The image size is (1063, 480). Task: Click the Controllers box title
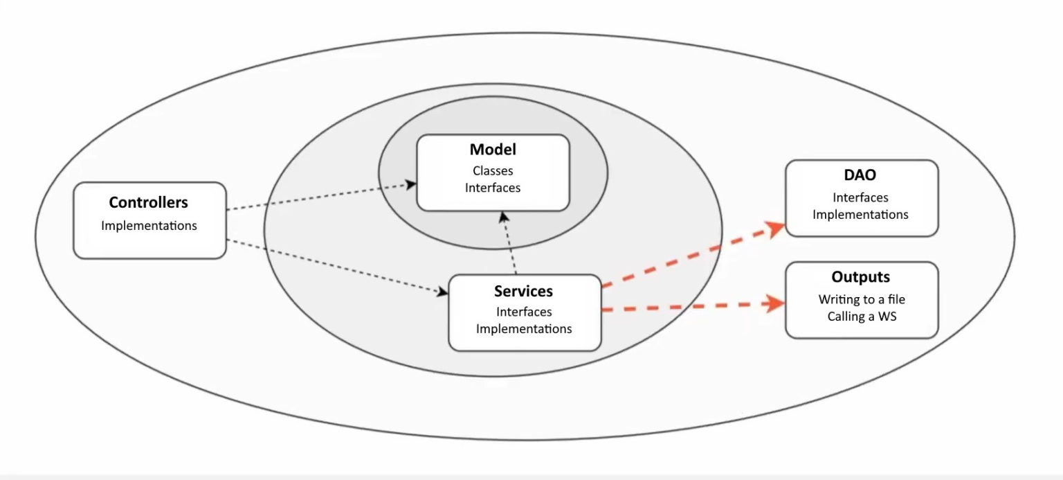click(148, 203)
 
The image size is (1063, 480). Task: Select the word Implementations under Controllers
click(149, 225)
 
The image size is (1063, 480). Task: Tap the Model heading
click(493, 150)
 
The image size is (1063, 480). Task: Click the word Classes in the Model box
click(493, 170)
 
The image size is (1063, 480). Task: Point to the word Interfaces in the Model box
click(493, 187)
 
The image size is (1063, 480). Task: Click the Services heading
click(523, 291)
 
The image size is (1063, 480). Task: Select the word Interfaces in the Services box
click(524, 312)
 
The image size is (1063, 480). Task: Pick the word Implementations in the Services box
click(524, 328)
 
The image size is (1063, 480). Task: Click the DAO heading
click(860, 176)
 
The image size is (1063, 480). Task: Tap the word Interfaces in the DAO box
click(860, 197)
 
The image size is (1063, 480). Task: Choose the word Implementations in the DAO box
click(860, 214)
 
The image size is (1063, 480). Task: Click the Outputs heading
click(860, 277)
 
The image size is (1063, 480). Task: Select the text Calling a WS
click(862, 317)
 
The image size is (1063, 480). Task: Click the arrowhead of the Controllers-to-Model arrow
click(412, 184)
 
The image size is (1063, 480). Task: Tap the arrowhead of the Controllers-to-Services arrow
click(444, 292)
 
